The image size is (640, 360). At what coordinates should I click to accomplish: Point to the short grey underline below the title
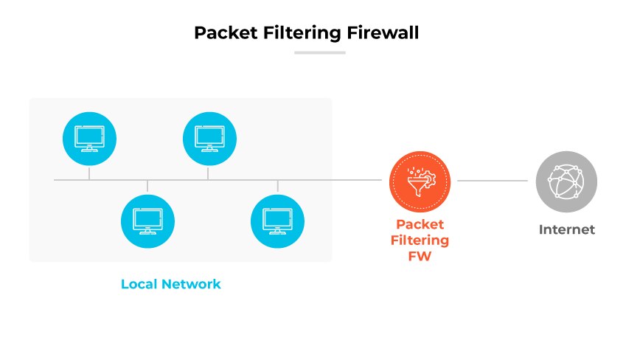click(319, 52)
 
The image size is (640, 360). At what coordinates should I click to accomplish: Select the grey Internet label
click(566, 229)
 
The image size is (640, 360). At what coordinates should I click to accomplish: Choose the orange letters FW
click(419, 257)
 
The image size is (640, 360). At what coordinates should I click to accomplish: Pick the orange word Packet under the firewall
click(419, 224)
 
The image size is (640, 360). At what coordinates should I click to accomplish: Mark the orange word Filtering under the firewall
click(419, 240)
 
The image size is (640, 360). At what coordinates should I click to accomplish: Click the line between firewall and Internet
click(493, 180)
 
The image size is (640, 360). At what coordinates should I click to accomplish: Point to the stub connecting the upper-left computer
click(89, 173)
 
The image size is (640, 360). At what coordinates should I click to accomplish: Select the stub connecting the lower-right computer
click(278, 186)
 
